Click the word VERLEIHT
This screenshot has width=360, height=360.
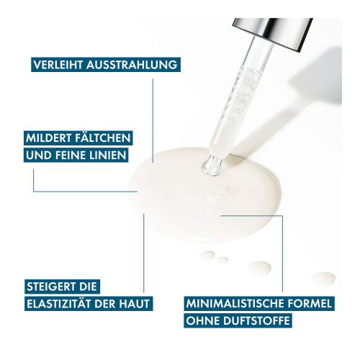(58, 65)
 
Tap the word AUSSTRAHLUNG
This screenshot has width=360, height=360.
(132, 65)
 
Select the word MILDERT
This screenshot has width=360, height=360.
(48, 138)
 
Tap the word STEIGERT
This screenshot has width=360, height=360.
(48, 287)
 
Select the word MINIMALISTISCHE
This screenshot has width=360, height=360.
(235, 304)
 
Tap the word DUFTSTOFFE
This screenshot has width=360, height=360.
(256, 321)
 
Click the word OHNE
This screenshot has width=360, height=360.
(203, 321)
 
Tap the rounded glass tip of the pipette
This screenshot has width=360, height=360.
(211, 166)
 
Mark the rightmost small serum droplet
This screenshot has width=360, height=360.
(324, 279)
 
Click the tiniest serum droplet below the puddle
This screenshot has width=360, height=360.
(222, 260)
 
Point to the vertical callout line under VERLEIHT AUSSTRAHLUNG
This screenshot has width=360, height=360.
(153, 121)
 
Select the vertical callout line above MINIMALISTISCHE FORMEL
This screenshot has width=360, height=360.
(282, 253)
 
